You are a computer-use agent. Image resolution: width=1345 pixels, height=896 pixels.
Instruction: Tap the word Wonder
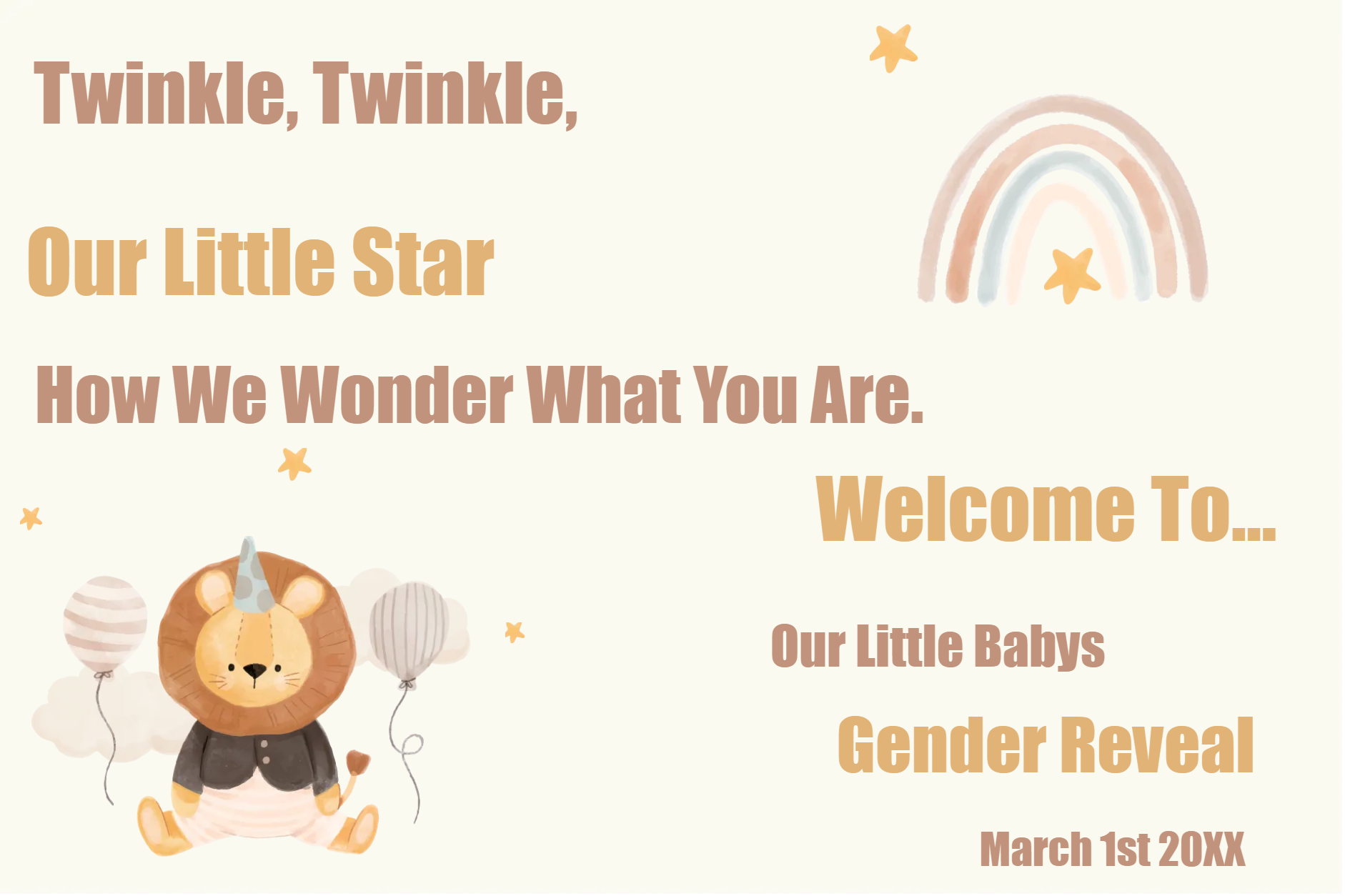coord(397,394)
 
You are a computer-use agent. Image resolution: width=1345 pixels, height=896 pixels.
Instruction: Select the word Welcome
coord(975,509)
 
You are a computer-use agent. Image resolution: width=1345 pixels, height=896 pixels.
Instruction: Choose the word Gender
coord(942,745)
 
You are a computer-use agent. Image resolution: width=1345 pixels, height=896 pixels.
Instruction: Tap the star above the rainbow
coord(893,47)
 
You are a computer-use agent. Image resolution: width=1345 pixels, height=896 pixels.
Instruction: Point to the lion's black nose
coord(254,670)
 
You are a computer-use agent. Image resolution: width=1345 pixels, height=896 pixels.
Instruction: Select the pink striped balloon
coord(105,622)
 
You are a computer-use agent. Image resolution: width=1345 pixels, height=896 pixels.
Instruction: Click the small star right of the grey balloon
coord(514,632)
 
